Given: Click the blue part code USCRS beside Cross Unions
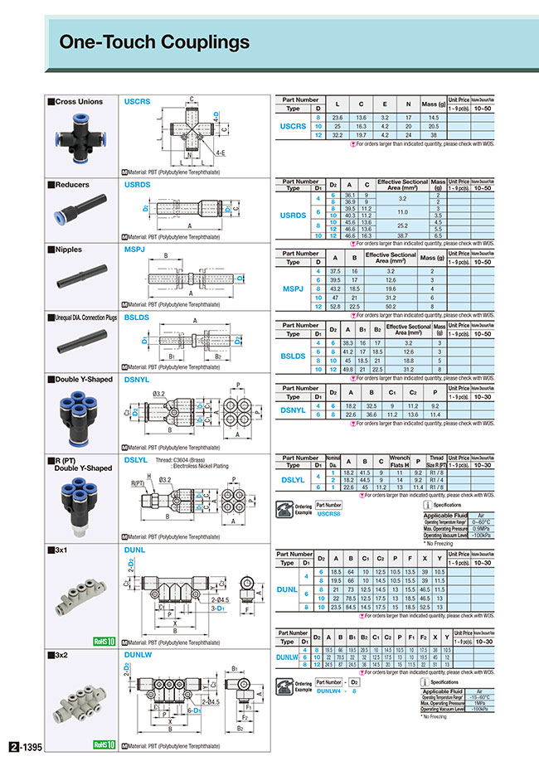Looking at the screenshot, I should [137, 101].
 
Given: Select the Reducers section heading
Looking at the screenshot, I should [71, 185].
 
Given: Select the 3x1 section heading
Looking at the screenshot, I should [63, 548].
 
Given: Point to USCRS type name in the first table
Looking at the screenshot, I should [293, 127].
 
